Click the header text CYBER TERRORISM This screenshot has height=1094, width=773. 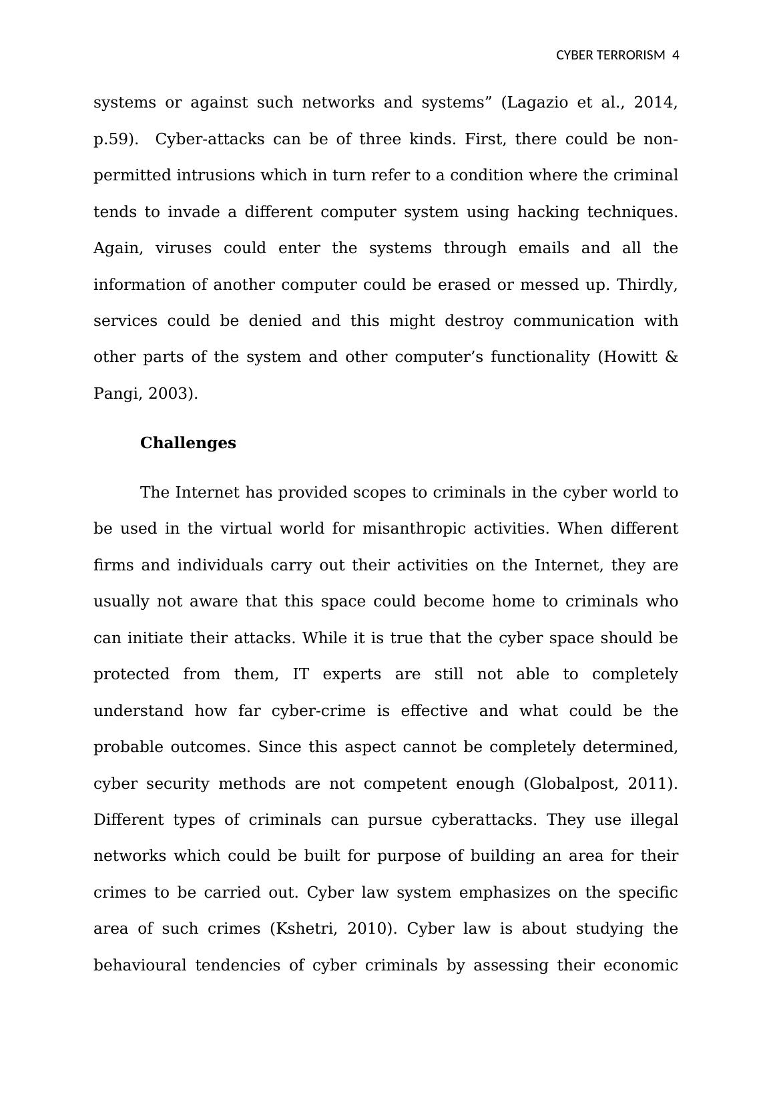(x=610, y=55)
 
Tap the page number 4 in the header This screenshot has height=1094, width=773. (x=676, y=55)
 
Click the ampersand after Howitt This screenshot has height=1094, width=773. (x=672, y=357)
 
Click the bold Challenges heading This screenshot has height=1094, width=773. (x=188, y=443)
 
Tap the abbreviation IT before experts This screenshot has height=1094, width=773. (x=300, y=675)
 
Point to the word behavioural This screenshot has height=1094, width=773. (x=140, y=966)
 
